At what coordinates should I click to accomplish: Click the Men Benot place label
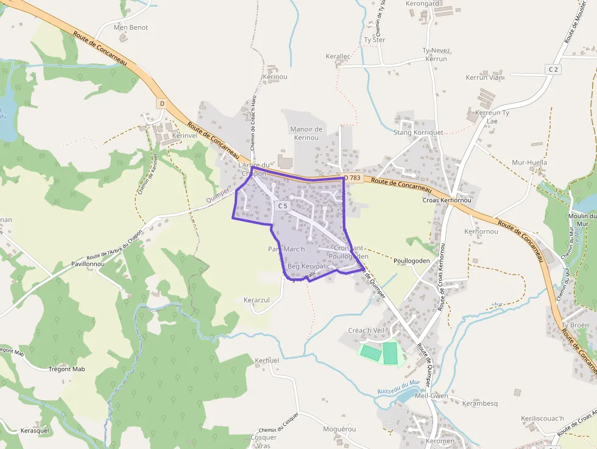pyautogui.click(x=131, y=27)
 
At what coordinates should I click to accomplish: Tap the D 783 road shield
pyautogui.click(x=353, y=178)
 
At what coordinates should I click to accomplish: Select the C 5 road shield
pyautogui.click(x=283, y=206)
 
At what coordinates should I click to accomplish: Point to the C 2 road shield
pyautogui.click(x=553, y=69)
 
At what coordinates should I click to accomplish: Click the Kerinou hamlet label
pyautogui.click(x=274, y=77)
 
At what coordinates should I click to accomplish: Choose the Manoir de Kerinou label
pyautogui.click(x=306, y=133)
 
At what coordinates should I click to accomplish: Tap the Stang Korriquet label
pyautogui.click(x=419, y=132)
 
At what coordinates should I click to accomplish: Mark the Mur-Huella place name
pyautogui.click(x=529, y=163)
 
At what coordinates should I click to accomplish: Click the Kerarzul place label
pyautogui.click(x=256, y=301)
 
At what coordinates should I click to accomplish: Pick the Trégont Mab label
pyautogui.click(x=66, y=369)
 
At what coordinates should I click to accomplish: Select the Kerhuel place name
pyautogui.click(x=267, y=361)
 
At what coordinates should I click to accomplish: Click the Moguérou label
pyautogui.click(x=339, y=429)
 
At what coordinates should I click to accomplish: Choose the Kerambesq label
pyautogui.click(x=480, y=403)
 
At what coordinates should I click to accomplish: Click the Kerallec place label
pyautogui.click(x=338, y=56)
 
